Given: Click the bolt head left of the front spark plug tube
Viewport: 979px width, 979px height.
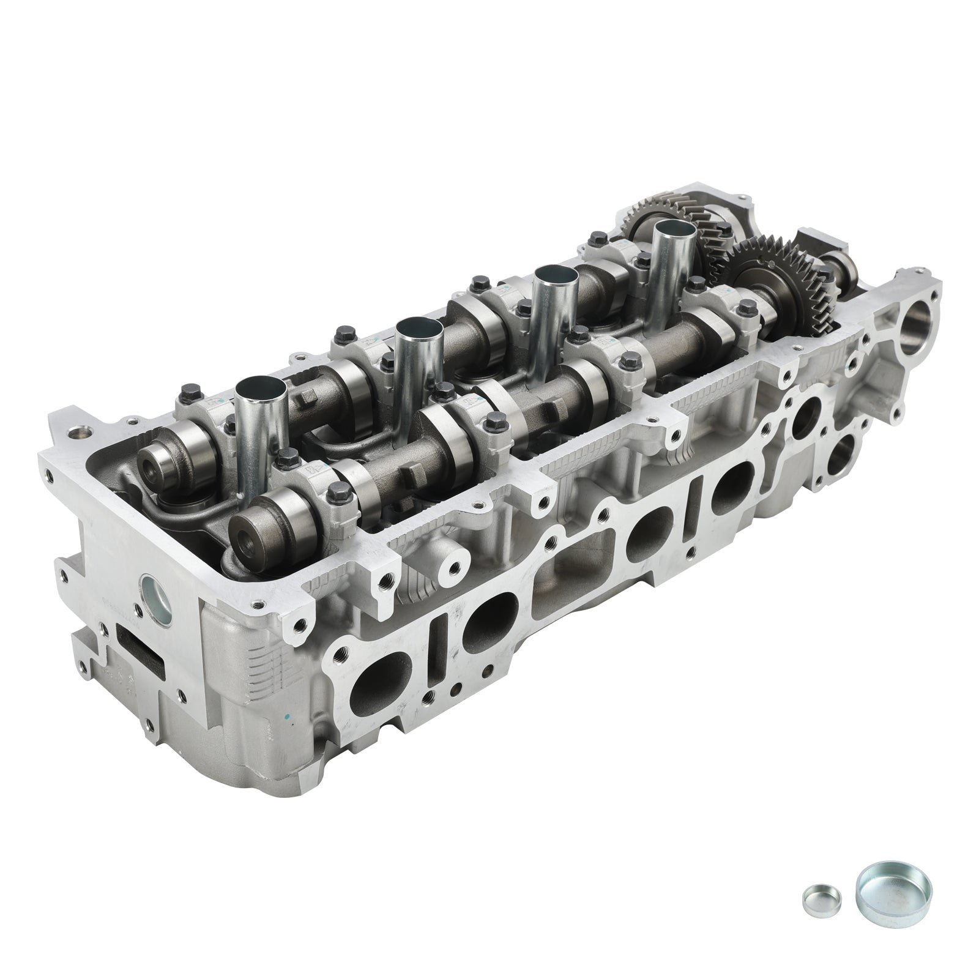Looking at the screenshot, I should (x=188, y=390).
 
